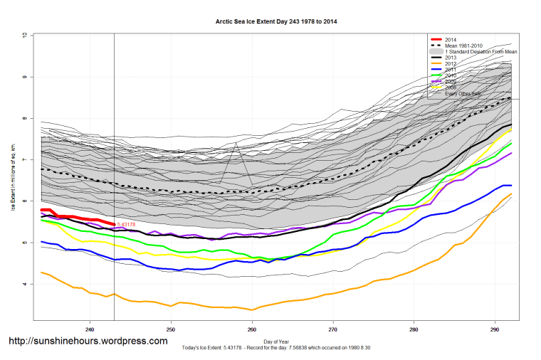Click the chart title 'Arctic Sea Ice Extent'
click(x=276, y=22)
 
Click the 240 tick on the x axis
click(x=90, y=329)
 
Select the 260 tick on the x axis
click(x=252, y=329)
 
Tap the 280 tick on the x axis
click(x=415, y=329)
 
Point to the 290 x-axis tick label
click(x=496, y=329)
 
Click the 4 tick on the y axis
click(x=25, y=285)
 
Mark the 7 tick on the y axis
click(x=25, y=160)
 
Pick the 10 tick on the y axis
click(x=25, y=35)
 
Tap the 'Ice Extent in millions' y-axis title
click(x=14, y=178)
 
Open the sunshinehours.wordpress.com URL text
click(x=88, y=342)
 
